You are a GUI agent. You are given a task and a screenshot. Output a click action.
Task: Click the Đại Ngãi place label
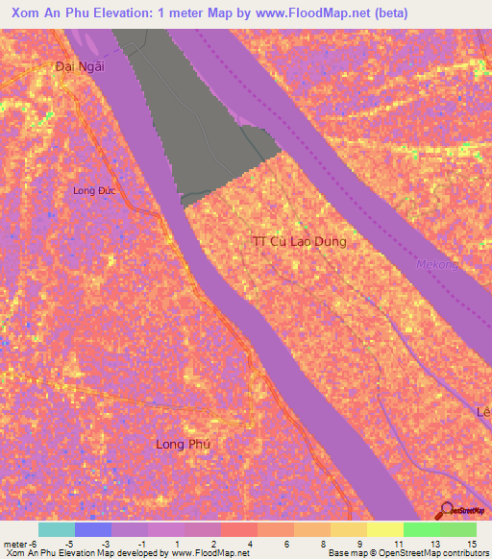pyautogui.click(x=79, y=66)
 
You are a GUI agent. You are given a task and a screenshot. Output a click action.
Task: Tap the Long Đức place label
pyautogui.click(x=93, y=190)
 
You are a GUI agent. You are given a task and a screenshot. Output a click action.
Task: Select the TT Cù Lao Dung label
pyautogui.click(x=298, y=242)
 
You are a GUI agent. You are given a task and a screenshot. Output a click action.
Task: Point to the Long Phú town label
pyautogui.click(x=183, y=444)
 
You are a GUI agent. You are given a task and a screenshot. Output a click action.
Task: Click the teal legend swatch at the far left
pyautogui.click(x=56, y=529)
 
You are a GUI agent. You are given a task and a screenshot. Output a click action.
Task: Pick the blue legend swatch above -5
pyautogui.click(x=92, y=529)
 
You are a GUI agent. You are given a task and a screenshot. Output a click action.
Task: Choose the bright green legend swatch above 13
pyautogui.click(x=421, y=529)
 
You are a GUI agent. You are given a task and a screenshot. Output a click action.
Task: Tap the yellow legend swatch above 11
pyautogui.click(x=384, y=529)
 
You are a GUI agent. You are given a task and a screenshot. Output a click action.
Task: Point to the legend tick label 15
pyautogui.click(x=472, y=544)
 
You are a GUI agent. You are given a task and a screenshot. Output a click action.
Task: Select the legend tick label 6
pyautogui.click(x=287, y=544)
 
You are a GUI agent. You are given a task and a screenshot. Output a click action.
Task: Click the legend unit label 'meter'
pyautogui.click(x=15, y=544)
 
